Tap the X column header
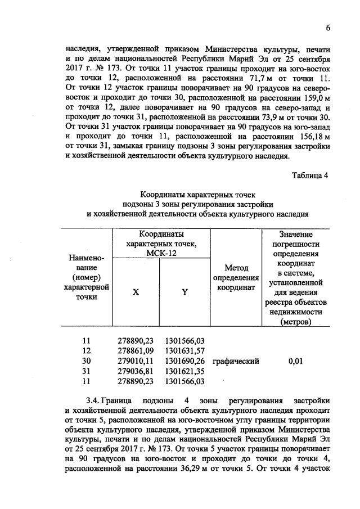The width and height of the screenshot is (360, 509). coord(136,292)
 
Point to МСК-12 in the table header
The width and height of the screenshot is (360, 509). coord(160,254)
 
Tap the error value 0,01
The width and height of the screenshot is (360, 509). coord(295,361)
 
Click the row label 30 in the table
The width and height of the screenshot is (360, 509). coord(86,361)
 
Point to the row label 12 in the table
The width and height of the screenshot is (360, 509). coord(86,351)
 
